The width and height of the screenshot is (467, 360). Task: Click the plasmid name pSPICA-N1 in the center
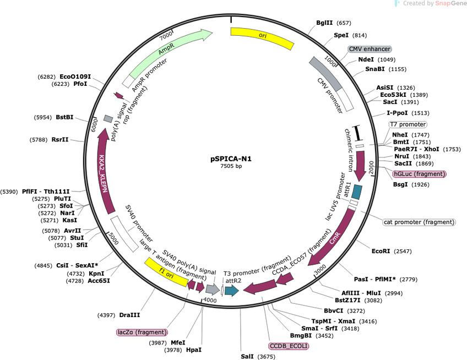tap(231, 159)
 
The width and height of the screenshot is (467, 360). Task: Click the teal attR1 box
tap(356, 192)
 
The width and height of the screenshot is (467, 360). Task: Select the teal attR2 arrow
tap(232, 291)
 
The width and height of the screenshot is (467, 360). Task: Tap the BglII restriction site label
tap(324, 23)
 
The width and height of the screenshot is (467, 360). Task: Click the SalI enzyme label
tap(247, 357)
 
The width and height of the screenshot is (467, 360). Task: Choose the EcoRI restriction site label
tap(381, 251)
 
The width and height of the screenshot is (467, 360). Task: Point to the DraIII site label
tap(129, 315)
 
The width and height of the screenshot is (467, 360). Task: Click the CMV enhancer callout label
tap(370, 49)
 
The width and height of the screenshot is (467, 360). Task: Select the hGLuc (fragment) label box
tap(419, 174)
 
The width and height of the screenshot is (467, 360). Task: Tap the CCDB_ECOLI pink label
tap(289, 346)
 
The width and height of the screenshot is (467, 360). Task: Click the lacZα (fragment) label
tap(142, 332)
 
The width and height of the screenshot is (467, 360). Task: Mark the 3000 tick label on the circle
tap(320, 270)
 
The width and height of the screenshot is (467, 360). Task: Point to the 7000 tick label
tap(166, 36)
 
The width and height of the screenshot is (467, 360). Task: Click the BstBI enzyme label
tap(64, 117)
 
